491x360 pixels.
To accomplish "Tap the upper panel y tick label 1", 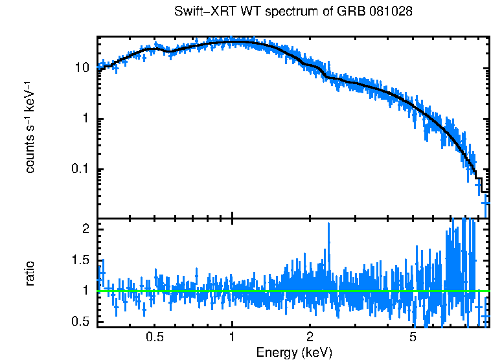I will point(87,119).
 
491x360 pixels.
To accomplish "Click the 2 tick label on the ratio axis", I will point(87,229).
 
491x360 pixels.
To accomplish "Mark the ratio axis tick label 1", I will point(87,291).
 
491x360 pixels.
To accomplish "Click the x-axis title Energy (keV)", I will point(294,352).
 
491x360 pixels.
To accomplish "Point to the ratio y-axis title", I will point(30,273).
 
